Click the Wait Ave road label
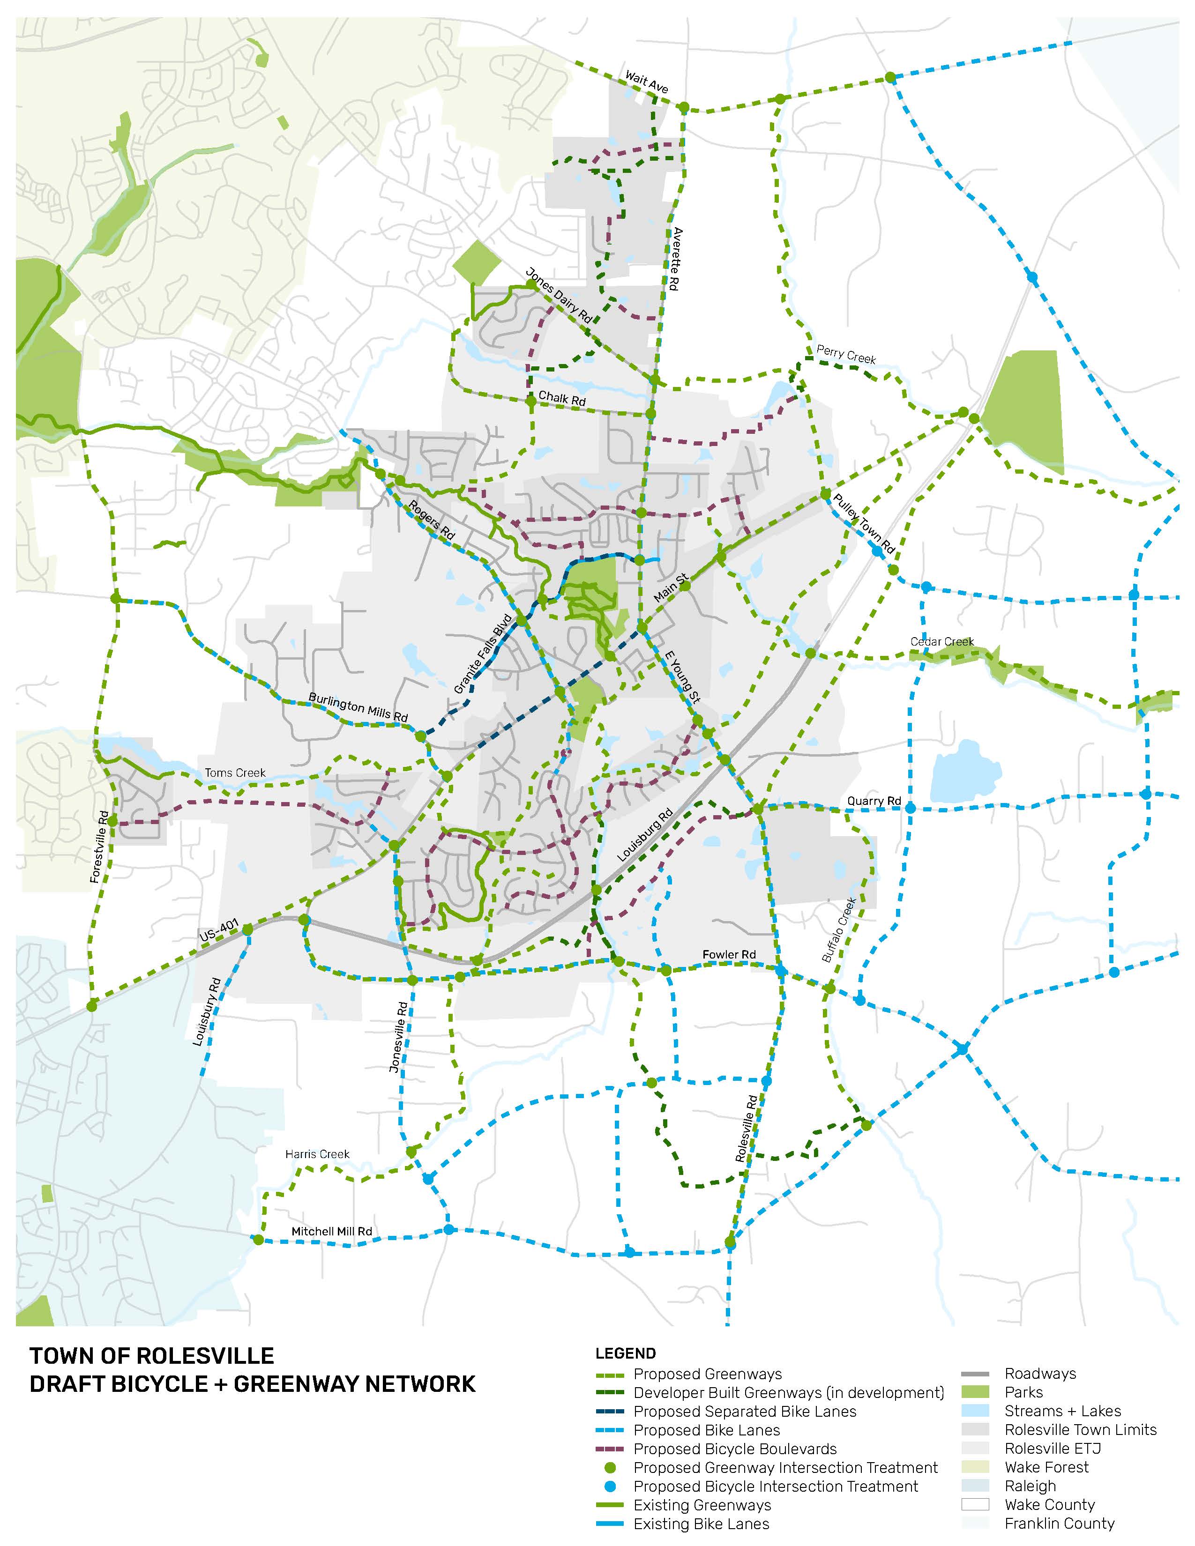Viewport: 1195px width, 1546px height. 646,82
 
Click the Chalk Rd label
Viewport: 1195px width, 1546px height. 562,399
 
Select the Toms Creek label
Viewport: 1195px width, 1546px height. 235,773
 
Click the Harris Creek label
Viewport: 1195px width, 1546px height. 317,1154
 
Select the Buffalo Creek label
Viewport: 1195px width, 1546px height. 840,930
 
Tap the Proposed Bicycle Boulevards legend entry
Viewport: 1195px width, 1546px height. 735,1449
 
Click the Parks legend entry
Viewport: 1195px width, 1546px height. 1023,1392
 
